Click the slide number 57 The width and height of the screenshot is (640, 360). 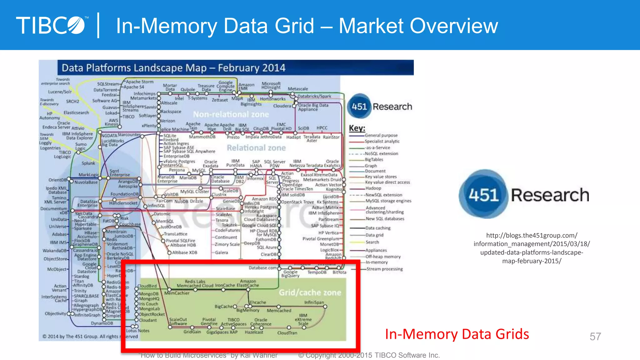(595, 337)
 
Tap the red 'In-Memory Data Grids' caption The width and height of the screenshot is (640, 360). (457, 334)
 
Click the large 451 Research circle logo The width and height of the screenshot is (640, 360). (483, 195)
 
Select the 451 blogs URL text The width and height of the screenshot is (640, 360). (532, 248)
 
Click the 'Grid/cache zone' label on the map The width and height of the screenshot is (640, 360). (310, 292)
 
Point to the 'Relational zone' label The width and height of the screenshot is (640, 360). (256, 148)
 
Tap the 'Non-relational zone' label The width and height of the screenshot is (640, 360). (231, 114)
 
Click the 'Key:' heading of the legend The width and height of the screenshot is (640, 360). (357, 128)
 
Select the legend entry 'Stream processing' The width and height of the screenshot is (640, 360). (384, 269)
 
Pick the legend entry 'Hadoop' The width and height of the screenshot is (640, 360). (373, 188)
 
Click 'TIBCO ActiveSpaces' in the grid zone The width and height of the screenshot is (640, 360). (233, 322)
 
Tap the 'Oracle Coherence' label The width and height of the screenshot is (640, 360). (261, 322)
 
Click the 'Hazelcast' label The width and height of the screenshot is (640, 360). (254, 332)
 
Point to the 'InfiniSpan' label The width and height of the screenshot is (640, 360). (314, 302)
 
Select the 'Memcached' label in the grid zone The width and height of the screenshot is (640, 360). (279, 311)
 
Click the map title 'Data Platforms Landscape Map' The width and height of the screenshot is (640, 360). (173, 68)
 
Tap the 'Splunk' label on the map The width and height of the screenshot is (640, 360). (88, 163)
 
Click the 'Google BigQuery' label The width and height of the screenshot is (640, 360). (290, 274)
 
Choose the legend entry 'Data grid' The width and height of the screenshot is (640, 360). (374, 235)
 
